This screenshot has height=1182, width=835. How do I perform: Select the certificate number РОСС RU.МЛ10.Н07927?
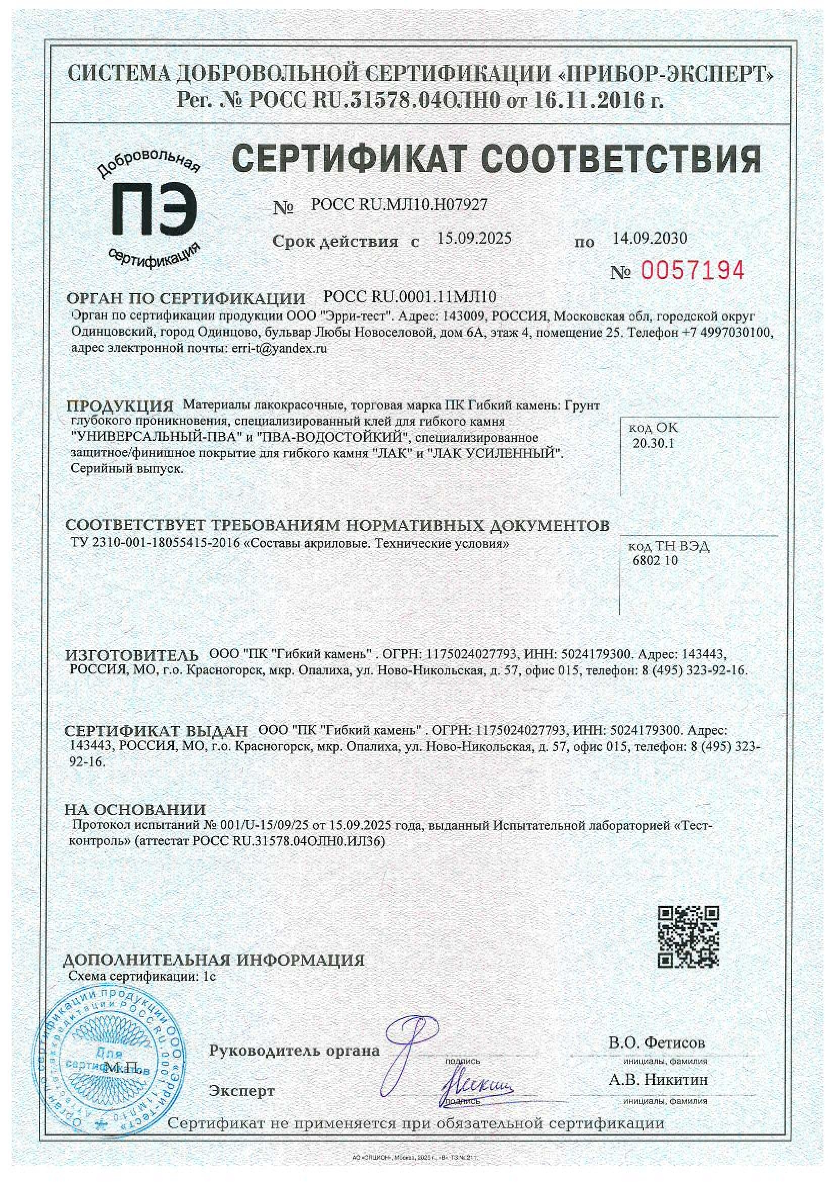pos(399,205)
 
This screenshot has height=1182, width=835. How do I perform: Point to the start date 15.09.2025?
pos(474,238)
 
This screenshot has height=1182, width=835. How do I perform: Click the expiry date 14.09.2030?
pos(650,238)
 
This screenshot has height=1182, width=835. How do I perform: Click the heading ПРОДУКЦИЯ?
pos(120,406)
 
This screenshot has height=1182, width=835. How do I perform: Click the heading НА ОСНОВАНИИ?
pos(135,810)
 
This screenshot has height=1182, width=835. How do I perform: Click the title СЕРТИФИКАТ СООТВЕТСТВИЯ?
pos(497,159)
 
